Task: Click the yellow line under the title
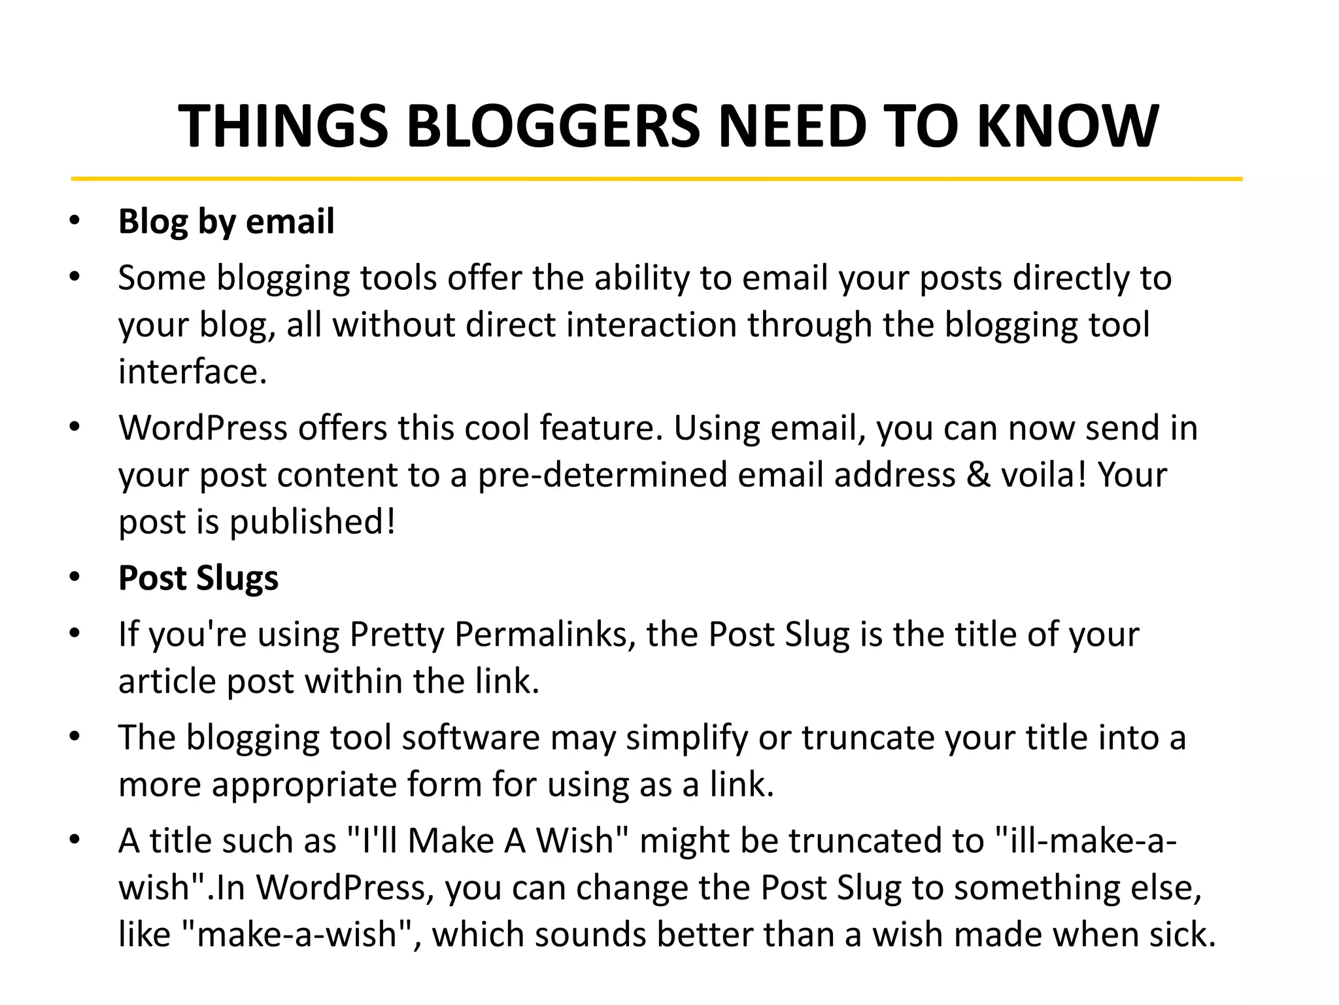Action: [656, 178]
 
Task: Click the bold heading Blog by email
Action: [226, 221]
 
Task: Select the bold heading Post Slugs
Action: [198, 578]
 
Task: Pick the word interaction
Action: [651, 325]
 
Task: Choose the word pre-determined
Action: [602, 474]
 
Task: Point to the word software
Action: [471, 737]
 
